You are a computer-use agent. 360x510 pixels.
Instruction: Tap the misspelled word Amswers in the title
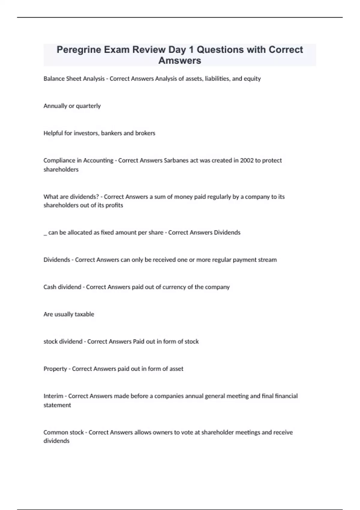coord(180,61)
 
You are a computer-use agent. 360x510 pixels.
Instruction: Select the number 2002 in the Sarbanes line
coord(247,160)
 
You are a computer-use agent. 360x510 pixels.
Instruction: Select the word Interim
coord(53,396)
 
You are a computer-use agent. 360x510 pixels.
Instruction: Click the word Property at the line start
coord(55,369)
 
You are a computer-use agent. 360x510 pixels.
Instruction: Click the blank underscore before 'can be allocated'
coord(45,234)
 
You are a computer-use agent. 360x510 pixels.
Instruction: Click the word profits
coord(114,205)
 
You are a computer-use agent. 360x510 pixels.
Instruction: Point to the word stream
coord(267,260)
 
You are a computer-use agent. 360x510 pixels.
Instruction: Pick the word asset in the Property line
coord(176,369)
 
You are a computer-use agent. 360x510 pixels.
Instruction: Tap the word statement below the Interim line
coord(57,405)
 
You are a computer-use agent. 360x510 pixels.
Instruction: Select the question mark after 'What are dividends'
coord(97,197)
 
